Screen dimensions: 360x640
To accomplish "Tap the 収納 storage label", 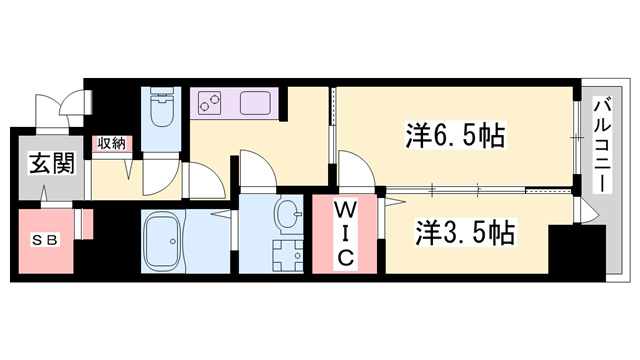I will pyautogui.click(x=110, y=144).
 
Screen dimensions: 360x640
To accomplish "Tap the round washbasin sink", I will pyautogui.click(x=287, y=213).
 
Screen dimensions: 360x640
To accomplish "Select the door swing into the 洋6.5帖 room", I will pyautogui.click(x=353, y=168).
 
